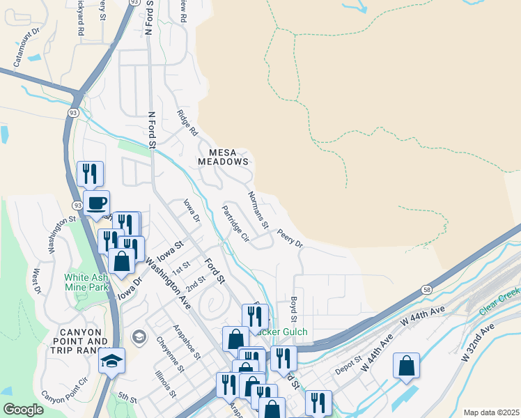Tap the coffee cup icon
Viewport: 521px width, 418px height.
point(96,203)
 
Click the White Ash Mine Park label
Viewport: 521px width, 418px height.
point(86,281)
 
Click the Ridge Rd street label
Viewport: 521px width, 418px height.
point(187,123)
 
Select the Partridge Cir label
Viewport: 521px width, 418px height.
point(235,222)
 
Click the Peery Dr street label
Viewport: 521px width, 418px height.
point(290,239)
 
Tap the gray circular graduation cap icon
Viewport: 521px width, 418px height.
point(139,338)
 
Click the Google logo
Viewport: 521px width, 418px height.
point(23,410)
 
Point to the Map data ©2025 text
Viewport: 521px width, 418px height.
point(490,412)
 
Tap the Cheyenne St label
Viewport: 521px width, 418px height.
point(170,354)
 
